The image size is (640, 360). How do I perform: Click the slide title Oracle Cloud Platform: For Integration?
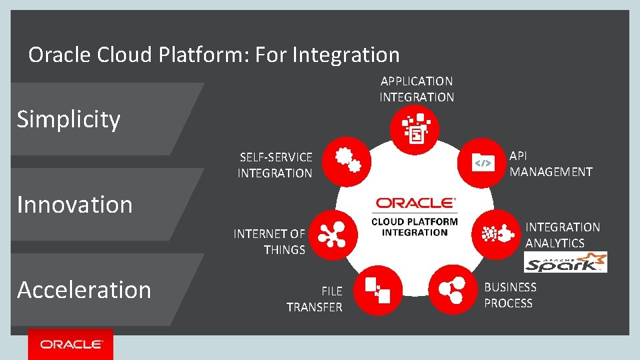[x=213, y=55]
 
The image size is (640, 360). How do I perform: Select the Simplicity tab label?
[x=69, y=119]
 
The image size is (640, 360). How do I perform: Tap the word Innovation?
[x=75, y=205]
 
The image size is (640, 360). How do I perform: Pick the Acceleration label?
[x=84, y=290]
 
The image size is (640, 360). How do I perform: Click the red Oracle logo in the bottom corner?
[x=71, y=344]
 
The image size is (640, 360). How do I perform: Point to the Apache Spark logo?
[x=565, y=262]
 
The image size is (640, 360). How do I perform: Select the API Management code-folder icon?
[x=482, y=163]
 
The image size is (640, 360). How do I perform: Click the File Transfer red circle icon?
[x=377, y=288]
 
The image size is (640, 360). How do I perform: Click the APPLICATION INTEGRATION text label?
[x=417, y=89]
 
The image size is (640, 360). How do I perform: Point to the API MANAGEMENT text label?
[x=551, y=164]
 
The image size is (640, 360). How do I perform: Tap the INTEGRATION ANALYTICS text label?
[x=563, y=235]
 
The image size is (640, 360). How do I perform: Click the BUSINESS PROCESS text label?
[x=510, y=295]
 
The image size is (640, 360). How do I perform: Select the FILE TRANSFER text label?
[x=315, y=299]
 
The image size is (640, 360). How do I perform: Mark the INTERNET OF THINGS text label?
[x=269, y=242]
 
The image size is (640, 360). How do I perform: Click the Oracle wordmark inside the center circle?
[x=415, y=203]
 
